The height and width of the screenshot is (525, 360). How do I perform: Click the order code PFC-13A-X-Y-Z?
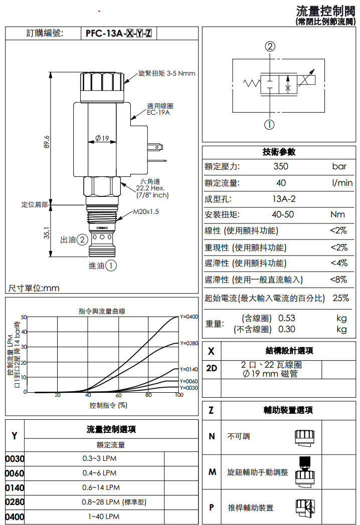tap(118, 34)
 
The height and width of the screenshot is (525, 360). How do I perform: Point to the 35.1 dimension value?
tap(47, 233)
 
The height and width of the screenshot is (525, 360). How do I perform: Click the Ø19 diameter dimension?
tap(102, 138)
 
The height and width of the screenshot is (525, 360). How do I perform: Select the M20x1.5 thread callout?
tap(145, 212)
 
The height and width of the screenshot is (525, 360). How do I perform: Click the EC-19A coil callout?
tap(159, 113)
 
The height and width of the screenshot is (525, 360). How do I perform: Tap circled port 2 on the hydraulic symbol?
tap(270, 47)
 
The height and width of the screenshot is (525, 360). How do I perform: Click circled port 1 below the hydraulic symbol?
tap(270, 125)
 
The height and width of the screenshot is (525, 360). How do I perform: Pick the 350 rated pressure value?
tap(281, 166)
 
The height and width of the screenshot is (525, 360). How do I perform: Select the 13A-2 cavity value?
tap(284, 199)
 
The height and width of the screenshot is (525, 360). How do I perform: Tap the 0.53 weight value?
tap(286, 318)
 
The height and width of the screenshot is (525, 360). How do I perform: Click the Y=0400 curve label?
tap(189, 317)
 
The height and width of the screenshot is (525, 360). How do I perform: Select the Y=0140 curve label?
tap(189, 369)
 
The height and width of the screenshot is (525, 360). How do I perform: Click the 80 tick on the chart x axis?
tap(148, 395)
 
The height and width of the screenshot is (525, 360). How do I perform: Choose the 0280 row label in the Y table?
tap(15, 502)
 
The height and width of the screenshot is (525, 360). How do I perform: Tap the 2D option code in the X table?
tap(212, 368)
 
